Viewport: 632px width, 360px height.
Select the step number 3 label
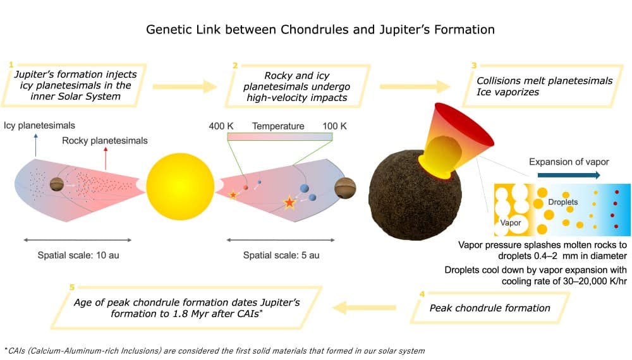pos(474,65)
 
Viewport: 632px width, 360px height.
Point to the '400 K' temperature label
pos(221,126)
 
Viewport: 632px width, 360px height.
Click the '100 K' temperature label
pos(334,126)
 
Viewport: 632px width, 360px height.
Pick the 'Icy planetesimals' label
pos(39,126)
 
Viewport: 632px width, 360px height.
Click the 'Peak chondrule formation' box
pos(490,308)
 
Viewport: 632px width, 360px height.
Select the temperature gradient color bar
pos(279,136)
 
